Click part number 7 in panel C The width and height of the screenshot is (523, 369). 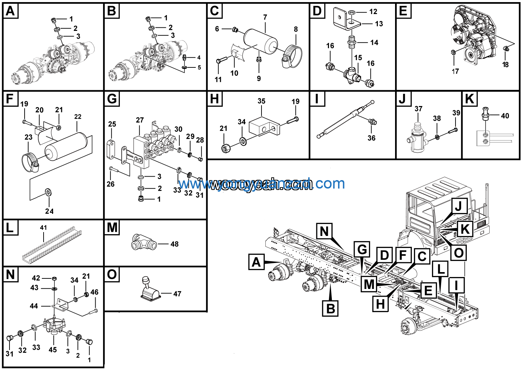pos(265,17)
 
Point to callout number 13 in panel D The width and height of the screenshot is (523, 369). pos(379,24)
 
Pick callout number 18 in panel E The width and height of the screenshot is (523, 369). pos(505,65)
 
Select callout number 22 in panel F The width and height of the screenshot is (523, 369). pos(78,117)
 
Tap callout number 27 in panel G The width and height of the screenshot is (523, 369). pos(140,120)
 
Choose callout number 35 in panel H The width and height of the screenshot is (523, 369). pos(261,101)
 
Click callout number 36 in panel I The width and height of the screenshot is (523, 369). pos(372,138)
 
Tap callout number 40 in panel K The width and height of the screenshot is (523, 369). pos(505,116)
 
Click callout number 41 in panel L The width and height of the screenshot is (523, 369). pos(43,228)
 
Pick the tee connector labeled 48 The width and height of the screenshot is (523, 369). pos(144,242)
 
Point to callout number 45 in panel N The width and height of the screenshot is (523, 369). pos(53,350)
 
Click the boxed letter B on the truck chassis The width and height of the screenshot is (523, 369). pos(330,309)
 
